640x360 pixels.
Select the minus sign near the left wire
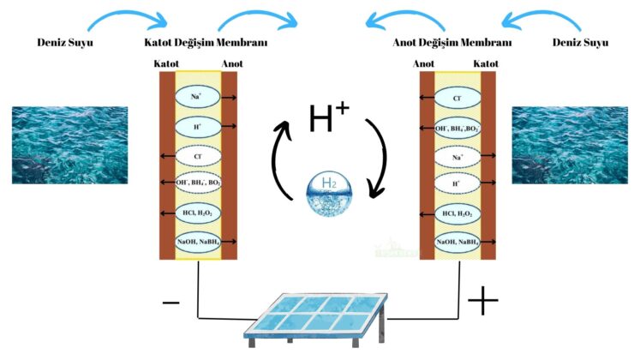pyautogui.click(x=171, y=303)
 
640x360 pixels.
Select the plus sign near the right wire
pyautogui.click(x=482, y=301)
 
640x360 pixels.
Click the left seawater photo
pyautogui.click(x=69, y=145)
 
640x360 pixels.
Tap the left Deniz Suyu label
pyautogui.click(x=65, y=42)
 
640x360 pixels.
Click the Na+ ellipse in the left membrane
pyautogui.click(x=196, y=98)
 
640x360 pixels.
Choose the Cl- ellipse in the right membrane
pyautogui.click(x=457, y=99)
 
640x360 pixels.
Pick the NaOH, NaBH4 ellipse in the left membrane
pyautogui.click(x=198, y=243)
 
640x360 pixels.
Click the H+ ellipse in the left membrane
pyautogui.click(x=196, y=127)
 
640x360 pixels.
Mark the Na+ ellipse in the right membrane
pyautogui.click(x=457, y=156)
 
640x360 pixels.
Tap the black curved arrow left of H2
pyautogui.click(x=280, y=163)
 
